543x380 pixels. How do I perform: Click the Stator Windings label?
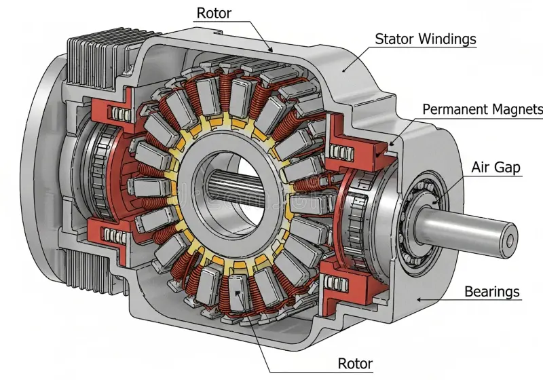pos(426,39)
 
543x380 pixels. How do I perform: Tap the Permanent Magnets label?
pos(483,109)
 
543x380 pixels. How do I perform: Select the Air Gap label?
pos(496,167)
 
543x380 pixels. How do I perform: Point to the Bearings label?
pos(492,292)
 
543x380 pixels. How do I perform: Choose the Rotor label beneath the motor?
pos(355,364)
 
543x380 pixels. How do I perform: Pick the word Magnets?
pos(518,109)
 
